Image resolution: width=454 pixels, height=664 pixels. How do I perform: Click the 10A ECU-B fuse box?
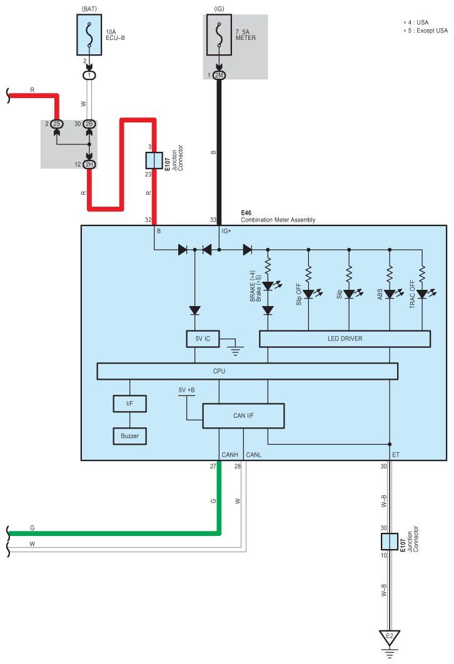point(89,36)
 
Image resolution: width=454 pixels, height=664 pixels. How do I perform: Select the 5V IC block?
point(203,339)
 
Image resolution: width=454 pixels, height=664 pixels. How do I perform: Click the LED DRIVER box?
point(345,339)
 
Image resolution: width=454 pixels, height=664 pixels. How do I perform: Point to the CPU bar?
point(247,371)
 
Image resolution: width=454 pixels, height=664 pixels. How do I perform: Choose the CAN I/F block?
point(243,415)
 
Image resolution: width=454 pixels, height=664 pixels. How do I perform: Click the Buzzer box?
point(130,435)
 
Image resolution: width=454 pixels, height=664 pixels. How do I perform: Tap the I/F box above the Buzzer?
point(130,404)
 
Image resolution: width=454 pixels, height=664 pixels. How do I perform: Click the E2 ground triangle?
point(389,637)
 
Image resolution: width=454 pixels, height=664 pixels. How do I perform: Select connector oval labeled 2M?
point(219,76)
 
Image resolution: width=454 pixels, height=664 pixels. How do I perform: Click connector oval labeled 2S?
point(56,124)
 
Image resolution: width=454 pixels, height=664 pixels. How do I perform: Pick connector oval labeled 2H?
point(89,164)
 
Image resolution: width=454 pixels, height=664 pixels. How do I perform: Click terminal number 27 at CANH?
point(213,465)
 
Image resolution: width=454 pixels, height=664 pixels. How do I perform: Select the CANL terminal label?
point(255,455)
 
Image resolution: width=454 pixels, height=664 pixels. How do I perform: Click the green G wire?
point(125,533)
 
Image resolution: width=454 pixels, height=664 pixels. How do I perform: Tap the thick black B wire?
point(219,150)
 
